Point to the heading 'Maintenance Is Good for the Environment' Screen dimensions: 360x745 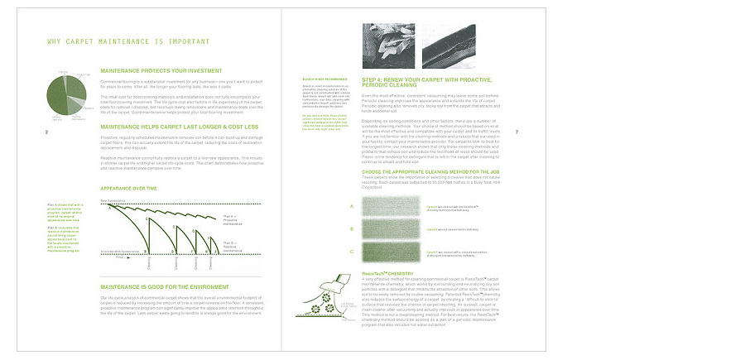164,288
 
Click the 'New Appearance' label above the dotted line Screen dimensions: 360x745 113,200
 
